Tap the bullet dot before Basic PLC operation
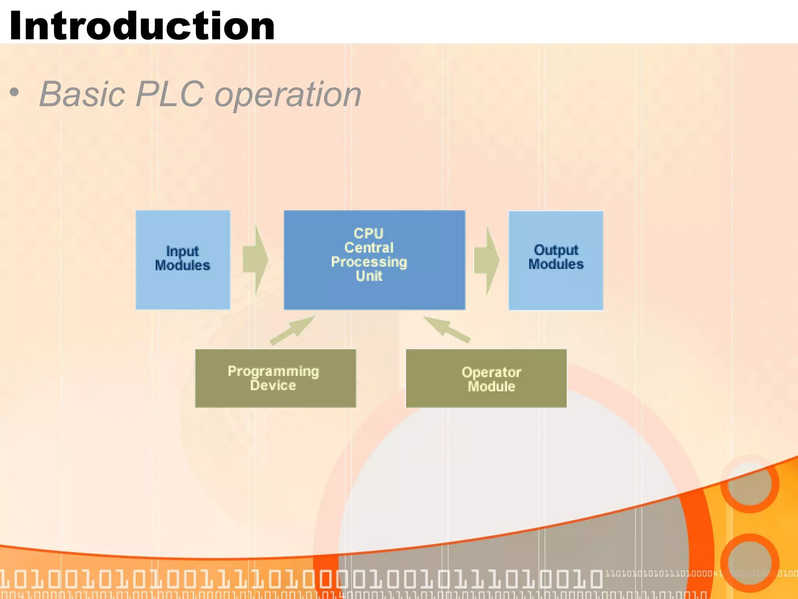click(x=14, y=93)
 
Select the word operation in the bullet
click(x=288, y=95)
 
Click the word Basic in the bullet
click(x=82, y=94)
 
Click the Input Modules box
click(x=183, y=260)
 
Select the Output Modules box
click(x=556, y=261)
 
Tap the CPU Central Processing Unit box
click(x=374, y=260)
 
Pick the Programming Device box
click(x=275, y=378)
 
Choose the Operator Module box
click(x=486, y=378)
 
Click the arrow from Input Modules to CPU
click(x=256, y=259)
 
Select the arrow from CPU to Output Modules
click(x=487, y=260)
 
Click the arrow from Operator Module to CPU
click(x=447, y=330)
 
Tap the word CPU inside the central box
click(x=369, y=233)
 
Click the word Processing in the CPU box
click(x=369, y=262)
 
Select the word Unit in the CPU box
click(x=369, y=276)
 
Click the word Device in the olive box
click(x=273, y=386)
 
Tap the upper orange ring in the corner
click(x=750, y=484)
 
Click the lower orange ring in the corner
click(x=750, y=563)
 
